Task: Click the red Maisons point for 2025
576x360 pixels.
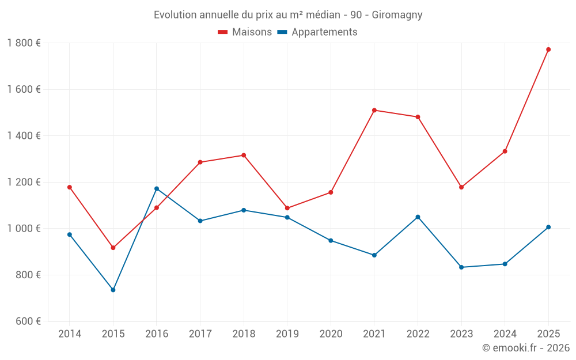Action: (548, 50)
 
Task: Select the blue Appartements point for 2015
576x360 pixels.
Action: (113, 290)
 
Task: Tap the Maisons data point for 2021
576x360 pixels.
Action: (374, 110)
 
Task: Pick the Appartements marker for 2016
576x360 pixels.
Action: (157, 188)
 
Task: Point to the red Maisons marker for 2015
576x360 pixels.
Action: (113, 248)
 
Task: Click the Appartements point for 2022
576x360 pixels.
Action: (418, 217)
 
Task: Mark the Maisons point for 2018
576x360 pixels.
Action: (244, 155)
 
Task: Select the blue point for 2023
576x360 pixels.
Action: (461, 267)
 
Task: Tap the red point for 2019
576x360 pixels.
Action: (287, 208)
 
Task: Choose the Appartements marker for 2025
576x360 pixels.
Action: (548, 227)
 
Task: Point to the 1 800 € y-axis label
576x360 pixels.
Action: (24, 43)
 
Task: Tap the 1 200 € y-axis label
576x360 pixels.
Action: (24, 182)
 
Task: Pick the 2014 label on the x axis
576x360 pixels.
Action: (70, 334)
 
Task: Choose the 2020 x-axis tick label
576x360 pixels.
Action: (331, 334)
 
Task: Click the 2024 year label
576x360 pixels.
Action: (505, 334)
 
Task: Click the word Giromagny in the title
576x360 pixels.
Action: (397, 15)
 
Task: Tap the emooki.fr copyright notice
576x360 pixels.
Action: (526, 348)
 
